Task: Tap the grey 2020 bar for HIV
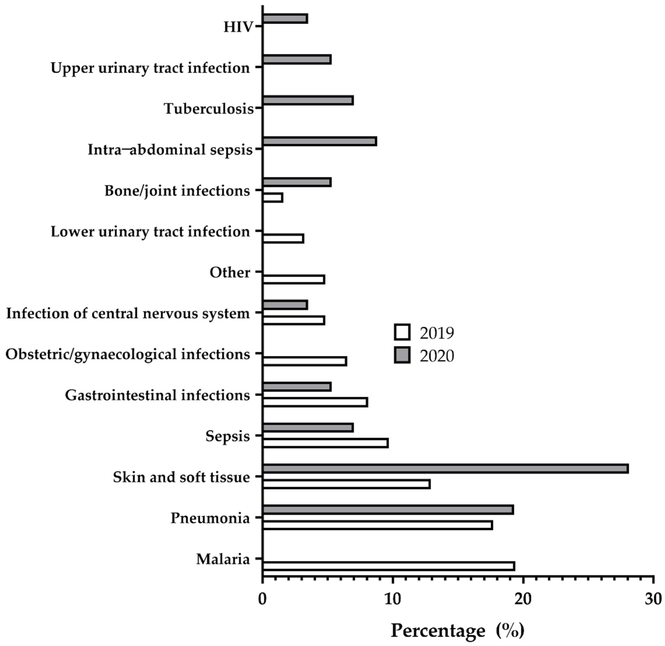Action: coord(285,19)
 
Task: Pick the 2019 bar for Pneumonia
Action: coord(377,525)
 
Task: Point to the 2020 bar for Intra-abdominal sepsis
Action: coord(320,141)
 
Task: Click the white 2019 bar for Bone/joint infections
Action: coord(273,198)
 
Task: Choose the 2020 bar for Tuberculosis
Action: coord(308,100)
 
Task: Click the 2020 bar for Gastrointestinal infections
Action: coord(297,387)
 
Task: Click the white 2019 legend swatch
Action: coord(402,332)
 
